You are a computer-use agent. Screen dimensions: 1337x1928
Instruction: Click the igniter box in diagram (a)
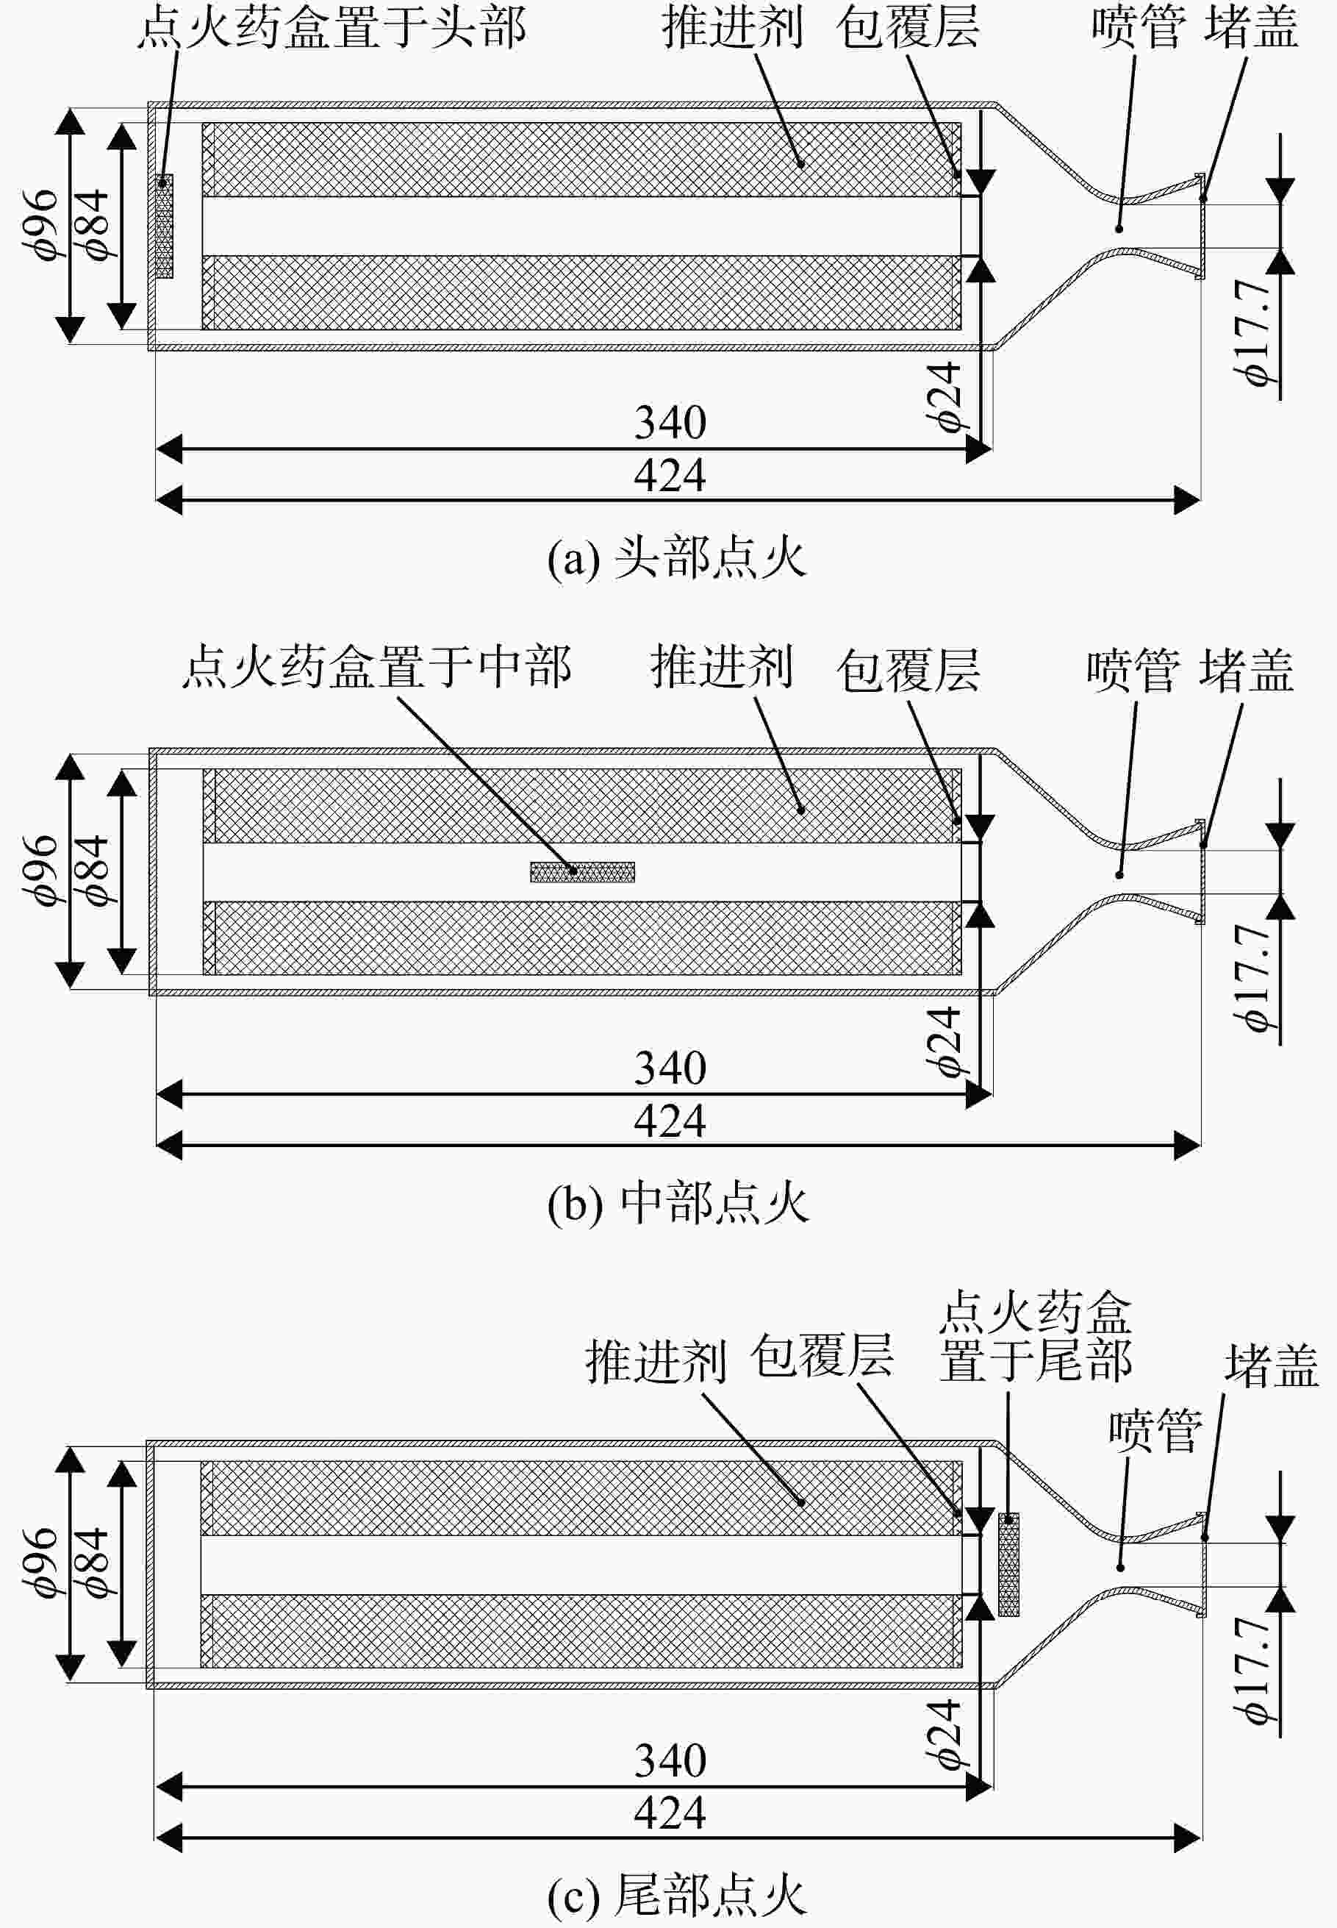pos(164,226)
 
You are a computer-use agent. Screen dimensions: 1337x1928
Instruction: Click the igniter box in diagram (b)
pos(582,872)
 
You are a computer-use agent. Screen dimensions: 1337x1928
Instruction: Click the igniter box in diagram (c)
pos(1008,1564)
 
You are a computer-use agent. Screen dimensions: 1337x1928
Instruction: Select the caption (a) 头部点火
pos(677,558)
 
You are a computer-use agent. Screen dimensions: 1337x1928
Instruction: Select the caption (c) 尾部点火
pos(677,1896)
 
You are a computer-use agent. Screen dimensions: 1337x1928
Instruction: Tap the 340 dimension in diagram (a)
pos(670,421)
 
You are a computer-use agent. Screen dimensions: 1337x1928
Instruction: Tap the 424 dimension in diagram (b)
pos(670,1121)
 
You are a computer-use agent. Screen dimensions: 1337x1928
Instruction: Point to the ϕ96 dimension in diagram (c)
pos(40,1563)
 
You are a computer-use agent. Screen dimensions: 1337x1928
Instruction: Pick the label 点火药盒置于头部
pos(331,26)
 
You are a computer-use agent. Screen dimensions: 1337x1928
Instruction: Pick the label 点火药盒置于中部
pos(377,666)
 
